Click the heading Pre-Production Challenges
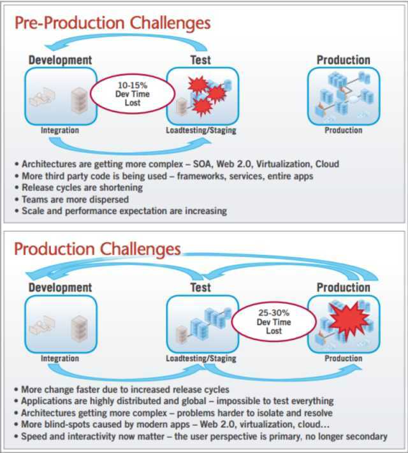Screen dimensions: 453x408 (112, 24)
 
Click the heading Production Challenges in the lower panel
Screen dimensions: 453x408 (98, 248)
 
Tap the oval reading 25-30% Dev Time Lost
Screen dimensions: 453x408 (273, 322)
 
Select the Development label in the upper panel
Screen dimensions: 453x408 (60, 60)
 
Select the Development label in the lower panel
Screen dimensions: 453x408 (60, 288)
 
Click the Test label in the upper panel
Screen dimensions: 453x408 (201, 60)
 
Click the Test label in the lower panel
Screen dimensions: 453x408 (201, 288)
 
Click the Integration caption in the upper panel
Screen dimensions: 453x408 (60, 131)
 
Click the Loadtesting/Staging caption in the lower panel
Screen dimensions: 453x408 (201, 359)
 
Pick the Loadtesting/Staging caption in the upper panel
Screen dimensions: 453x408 (201, 131)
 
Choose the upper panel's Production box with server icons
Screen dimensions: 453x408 (343, 96)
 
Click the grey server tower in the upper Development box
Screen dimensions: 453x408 (79, 99)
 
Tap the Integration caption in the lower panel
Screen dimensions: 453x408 (60, 359)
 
